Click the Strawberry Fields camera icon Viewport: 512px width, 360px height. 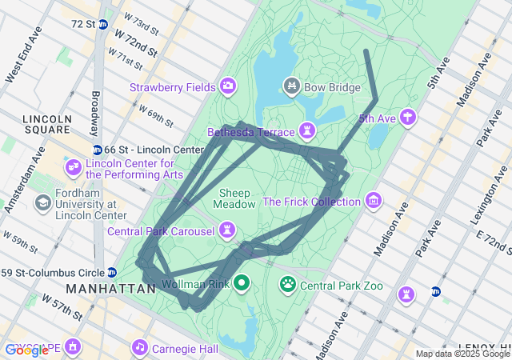(x=228, y=86)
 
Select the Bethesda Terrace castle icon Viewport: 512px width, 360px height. (x=306, y=130)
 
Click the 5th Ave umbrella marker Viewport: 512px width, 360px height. (x=409, y=118)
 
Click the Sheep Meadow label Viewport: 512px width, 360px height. (x=234, y=198)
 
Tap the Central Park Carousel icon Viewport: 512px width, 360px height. (x=228, y=230)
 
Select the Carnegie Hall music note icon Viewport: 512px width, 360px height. (x=140, y=347)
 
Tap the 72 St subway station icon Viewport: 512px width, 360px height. (x=103, y=24)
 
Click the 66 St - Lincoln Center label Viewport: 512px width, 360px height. (x=155, y=150)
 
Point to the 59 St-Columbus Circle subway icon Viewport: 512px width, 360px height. (x=112, y=271)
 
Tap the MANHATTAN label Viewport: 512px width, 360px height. (x=110, y=288)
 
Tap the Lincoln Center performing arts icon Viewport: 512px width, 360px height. (x=74, y=166)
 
